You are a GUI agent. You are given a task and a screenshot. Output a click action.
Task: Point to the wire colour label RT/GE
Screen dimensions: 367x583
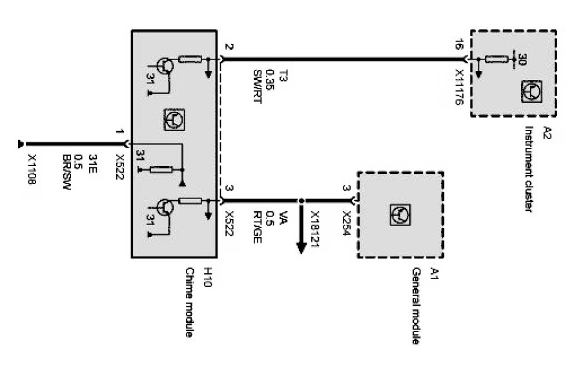coord(257,225)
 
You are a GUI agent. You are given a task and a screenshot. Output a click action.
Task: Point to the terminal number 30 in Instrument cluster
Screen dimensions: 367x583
coord(522,59)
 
